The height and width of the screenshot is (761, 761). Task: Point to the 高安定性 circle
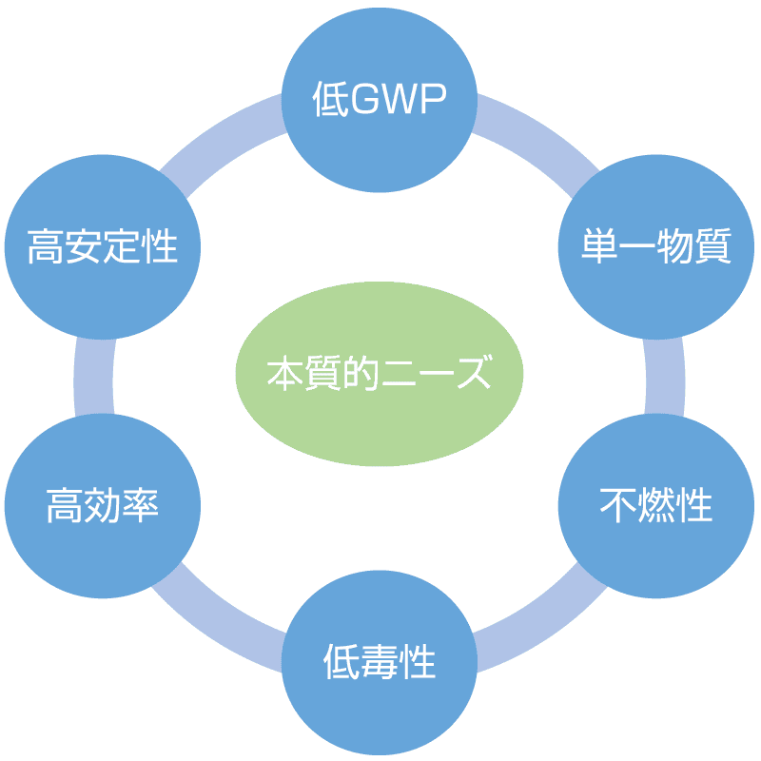(x=103, y=245)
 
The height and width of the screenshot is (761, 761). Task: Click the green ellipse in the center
(x=380, y=373)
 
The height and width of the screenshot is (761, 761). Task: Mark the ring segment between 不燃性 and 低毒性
(x=537, y=618)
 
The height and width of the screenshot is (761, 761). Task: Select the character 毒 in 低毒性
(x=380, y=660)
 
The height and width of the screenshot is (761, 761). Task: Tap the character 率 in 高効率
(x=141, y=505)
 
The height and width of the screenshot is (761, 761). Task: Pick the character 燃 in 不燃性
(x=656, y=505)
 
